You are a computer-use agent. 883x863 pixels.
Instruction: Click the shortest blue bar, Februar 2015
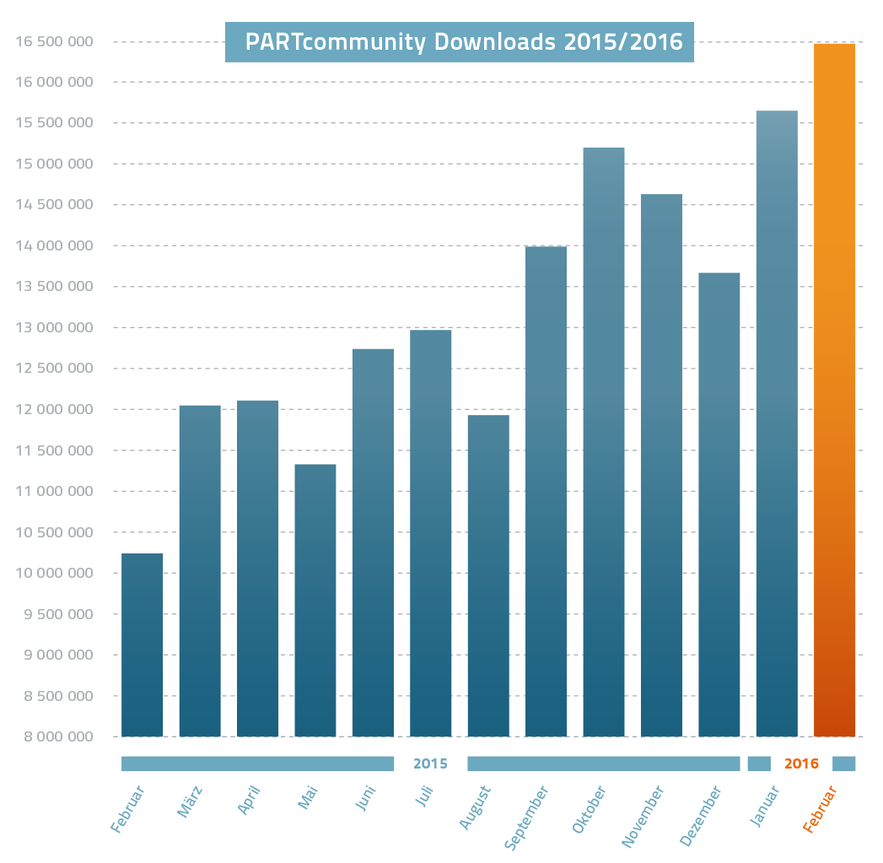(x=142, y=645)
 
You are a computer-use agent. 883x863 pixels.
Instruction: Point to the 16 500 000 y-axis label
(x=53, y=41)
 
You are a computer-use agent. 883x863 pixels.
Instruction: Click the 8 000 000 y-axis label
(x=53, y=736)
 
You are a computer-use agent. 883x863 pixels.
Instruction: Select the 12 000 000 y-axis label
(x=53, y=409)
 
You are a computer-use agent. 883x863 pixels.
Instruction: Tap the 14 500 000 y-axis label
(x=53, y=205)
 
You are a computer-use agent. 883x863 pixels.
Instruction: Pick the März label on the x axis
(x=191, y=801)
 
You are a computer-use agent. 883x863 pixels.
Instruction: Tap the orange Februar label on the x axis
(x=820, y=809)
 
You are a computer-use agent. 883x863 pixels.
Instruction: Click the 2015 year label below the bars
(x=430, y=764)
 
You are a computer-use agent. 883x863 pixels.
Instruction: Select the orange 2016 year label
(x=801, y=764)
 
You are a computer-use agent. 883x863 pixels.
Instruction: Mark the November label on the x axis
(x=643, y=816)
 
